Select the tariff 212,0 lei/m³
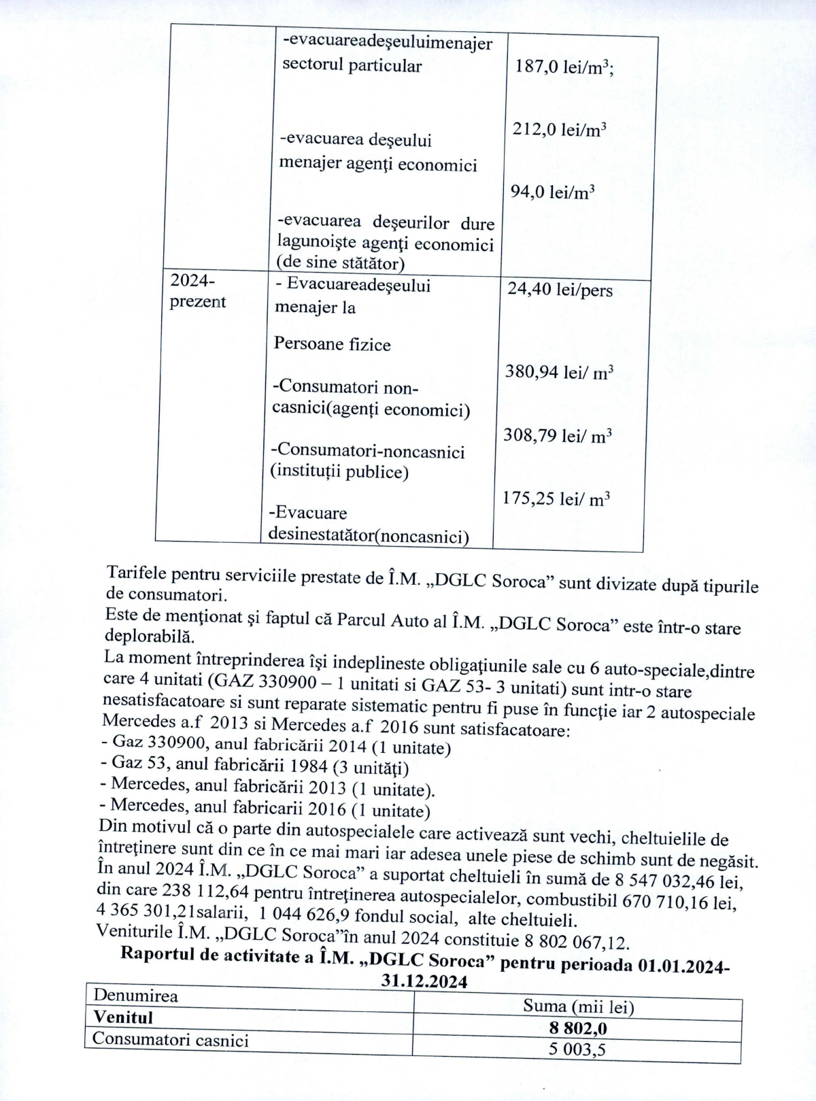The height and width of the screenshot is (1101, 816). point(560,129)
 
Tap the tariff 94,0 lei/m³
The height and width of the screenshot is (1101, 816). point(552,192)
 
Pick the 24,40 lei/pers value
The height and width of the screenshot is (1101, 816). point(560,290)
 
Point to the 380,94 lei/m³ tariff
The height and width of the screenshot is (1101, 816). point(559,372)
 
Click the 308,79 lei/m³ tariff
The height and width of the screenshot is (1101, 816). point(557,435)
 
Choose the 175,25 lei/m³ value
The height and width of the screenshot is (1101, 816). point(556,498)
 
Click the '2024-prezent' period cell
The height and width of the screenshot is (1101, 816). point(197,291)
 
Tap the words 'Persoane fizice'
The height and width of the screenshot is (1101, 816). point(332,344)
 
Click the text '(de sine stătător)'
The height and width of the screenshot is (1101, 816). point(340,263)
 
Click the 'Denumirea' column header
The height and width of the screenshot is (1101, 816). point(135,996)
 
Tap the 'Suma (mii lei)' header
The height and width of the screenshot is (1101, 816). point(578,1006)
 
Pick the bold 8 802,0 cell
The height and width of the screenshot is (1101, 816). point(579,1028)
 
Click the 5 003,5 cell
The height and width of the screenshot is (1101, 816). point(577,1049)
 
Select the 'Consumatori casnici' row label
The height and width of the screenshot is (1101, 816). point(171,1040)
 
